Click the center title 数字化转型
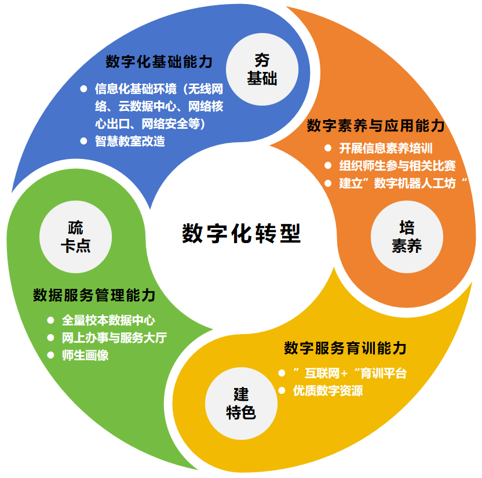click(x=241, y=233)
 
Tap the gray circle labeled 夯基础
click(x=262, y=69)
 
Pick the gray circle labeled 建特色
click(x=240, y=404)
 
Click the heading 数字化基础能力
click(x=159, y=61)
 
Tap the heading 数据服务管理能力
click(x=94, y=295)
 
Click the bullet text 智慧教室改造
click(x=130, y=141)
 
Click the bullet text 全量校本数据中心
click(x=108, y=320)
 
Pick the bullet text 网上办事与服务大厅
click(x=114, y=338)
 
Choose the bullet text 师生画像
click(x=85, y=355)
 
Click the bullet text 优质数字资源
click(x=328, y=390)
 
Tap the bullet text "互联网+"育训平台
click(x=350, y=373)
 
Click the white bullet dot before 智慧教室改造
click(x=83, y=141)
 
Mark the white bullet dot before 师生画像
click(x=50, y=355)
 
